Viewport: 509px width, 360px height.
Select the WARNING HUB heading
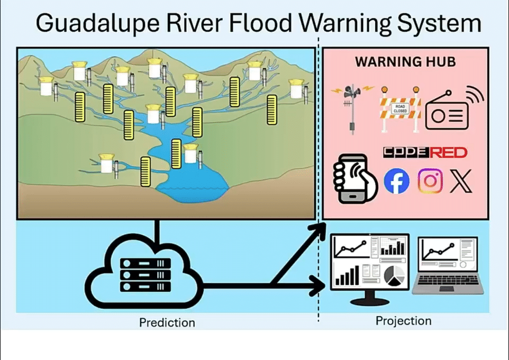point(405,62)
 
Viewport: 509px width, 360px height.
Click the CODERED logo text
point(425,153)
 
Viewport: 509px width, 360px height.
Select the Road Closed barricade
point(399,110)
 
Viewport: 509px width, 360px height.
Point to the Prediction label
point(167,322)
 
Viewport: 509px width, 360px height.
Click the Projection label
point(403,321)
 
